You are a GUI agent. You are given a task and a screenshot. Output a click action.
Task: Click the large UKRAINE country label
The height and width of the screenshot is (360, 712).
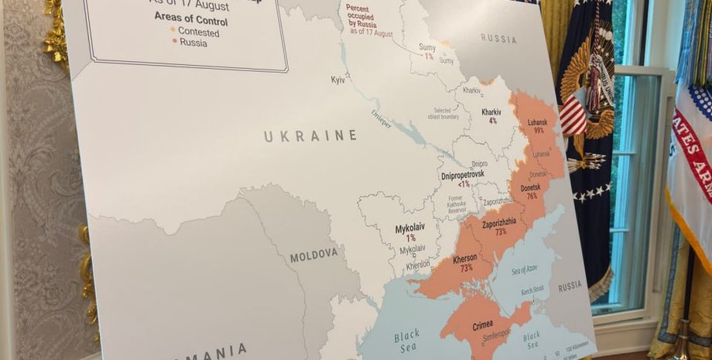310,136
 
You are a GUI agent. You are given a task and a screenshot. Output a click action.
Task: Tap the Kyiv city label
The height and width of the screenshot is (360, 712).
338,80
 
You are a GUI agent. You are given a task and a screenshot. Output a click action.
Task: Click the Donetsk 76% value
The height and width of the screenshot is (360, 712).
532,196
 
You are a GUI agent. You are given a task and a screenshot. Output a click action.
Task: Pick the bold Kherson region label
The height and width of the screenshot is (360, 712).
465,258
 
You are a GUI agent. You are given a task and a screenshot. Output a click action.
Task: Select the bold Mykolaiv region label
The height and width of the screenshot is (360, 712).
409,229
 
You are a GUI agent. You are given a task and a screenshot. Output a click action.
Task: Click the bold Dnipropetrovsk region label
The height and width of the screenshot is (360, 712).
463,175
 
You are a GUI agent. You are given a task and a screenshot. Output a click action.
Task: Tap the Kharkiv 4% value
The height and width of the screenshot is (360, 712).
493,122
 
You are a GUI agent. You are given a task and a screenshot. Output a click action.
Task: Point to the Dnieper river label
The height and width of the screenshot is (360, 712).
381,118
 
